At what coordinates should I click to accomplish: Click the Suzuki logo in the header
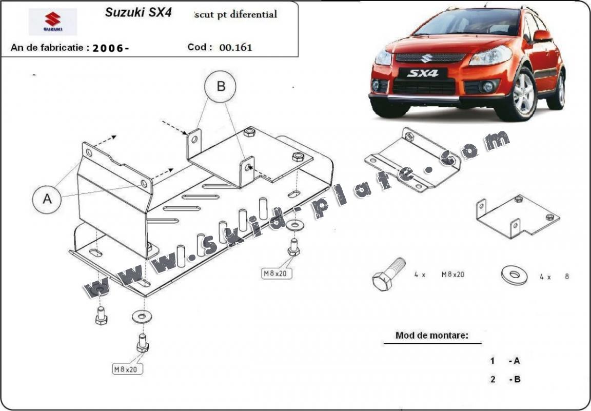click(52, 22)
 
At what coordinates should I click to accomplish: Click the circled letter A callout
click(47, 199)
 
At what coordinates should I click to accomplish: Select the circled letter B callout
click(221, 87)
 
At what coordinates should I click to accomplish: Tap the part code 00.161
click(235, 48)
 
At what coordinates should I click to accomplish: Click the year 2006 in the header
click(111, 48)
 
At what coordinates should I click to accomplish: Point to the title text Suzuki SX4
click(138, 13)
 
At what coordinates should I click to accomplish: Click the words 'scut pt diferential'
click(236, 14)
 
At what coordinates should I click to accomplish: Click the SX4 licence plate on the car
click(423, 73)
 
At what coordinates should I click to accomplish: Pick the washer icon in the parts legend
click(514, 276)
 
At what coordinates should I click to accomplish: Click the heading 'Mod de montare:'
click(431, 336)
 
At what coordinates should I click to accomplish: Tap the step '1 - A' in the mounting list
click(505, 361)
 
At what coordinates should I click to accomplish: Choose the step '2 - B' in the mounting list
click(505, 379)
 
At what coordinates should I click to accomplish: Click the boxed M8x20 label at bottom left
click(128, 368)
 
